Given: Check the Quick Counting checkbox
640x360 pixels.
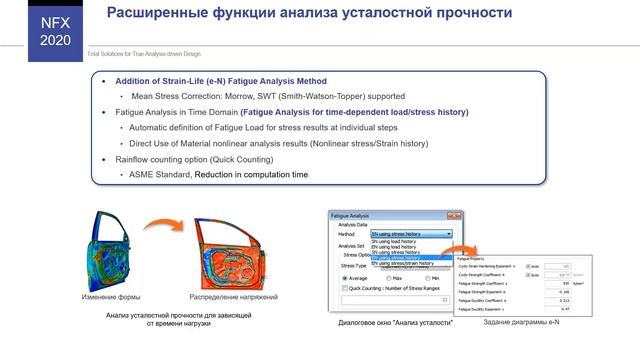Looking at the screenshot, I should [345, 289].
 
